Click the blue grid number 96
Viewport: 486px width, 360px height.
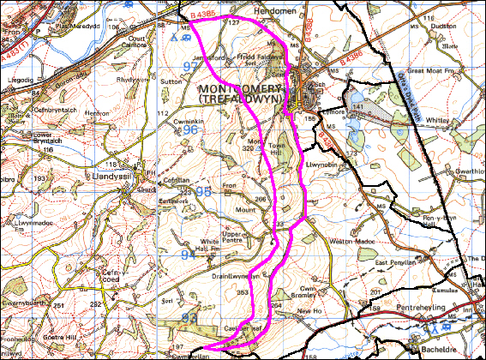click(x=190, y=130)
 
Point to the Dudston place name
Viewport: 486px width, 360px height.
click(x=444, y=26)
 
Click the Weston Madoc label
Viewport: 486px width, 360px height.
click(x=349, y=243)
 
